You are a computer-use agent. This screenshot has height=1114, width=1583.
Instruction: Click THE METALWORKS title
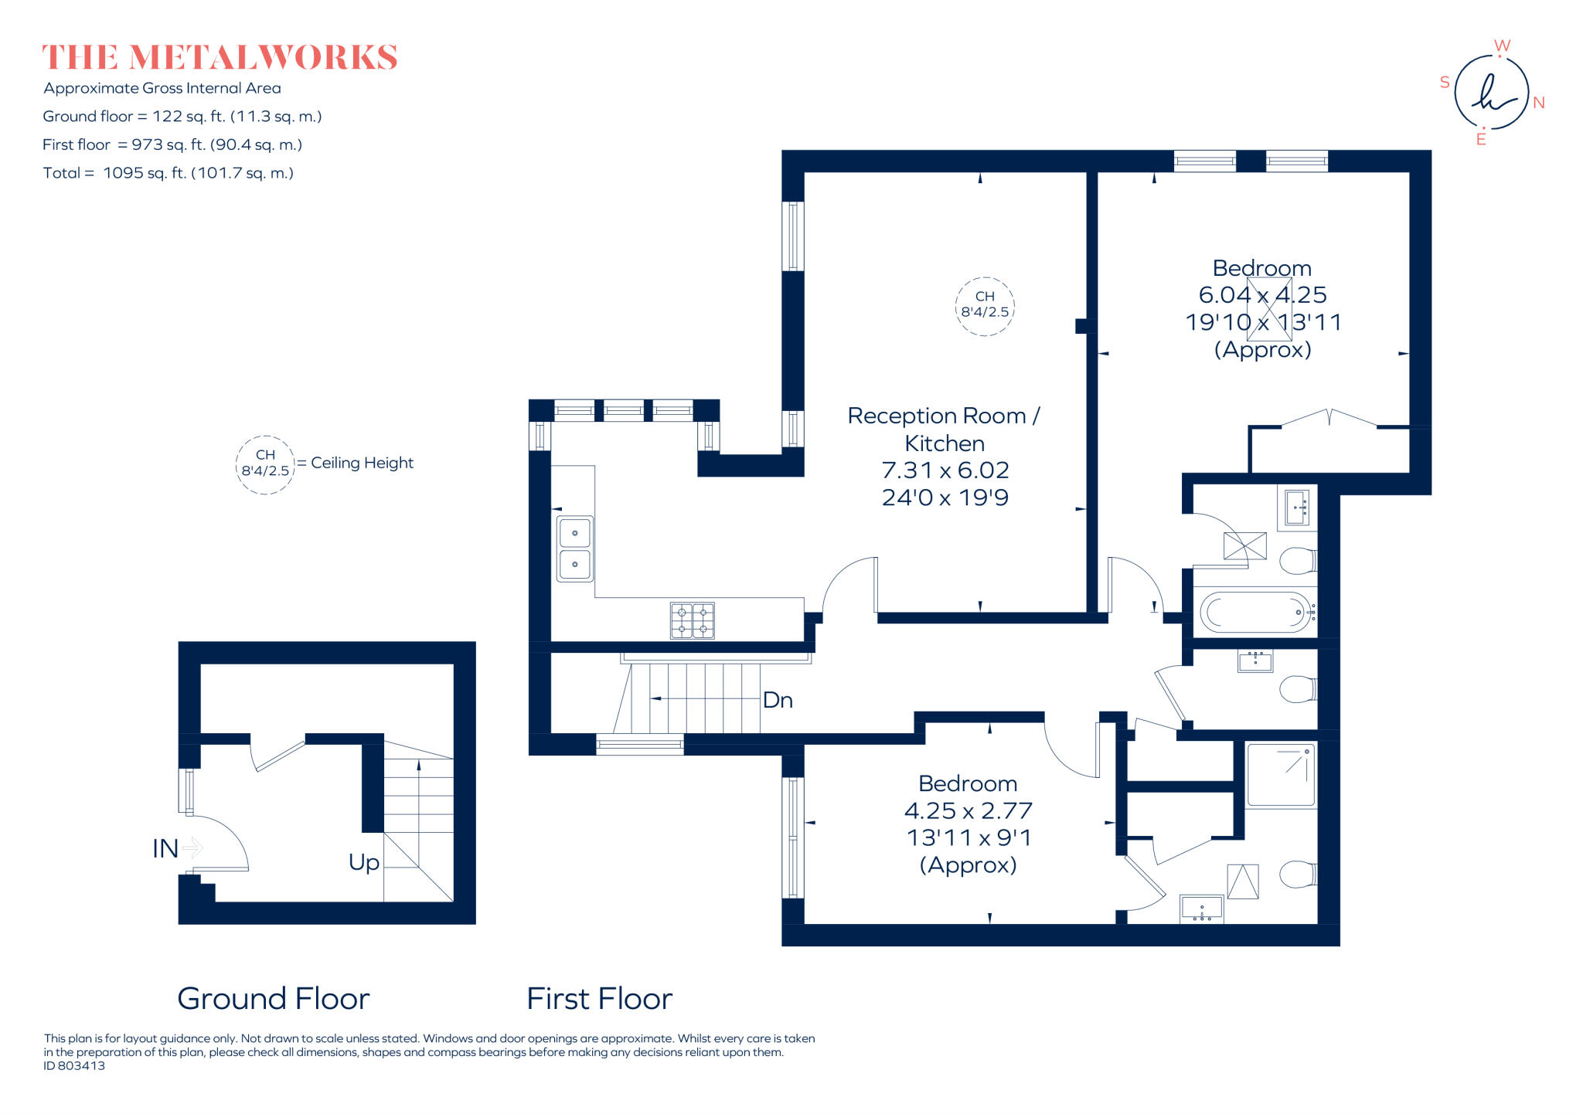click(220, 58)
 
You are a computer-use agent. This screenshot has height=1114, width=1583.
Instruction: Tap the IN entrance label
click(165, 848)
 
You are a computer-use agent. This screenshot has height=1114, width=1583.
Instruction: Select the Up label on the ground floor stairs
click(363, 862)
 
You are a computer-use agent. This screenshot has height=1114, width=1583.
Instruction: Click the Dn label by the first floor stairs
click(778, 700)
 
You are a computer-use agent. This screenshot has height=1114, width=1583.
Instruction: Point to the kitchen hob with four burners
click(693, 620)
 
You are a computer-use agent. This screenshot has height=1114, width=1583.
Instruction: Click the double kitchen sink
click(575, 549)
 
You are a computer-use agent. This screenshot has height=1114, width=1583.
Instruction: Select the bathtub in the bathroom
click(1255, 613)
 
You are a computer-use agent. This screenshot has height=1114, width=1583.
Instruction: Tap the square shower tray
click(1281, 776)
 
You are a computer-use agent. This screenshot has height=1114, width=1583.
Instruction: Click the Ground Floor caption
click(274, 998)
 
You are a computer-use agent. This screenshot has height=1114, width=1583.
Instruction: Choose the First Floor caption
click(600, 998)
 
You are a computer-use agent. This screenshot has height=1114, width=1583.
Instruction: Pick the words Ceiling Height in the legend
click(362, 463)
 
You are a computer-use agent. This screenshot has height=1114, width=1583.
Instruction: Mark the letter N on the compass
click(1539, 103)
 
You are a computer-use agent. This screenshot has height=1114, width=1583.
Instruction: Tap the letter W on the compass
click(1502, 46)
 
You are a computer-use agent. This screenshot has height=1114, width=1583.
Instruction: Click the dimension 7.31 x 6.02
click(945, 470)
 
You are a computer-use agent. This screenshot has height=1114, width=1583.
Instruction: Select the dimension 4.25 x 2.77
click(968, 810)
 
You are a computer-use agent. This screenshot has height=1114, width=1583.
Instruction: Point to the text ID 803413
click(74, 1066)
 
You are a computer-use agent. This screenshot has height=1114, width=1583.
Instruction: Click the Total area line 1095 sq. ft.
click(169, 173)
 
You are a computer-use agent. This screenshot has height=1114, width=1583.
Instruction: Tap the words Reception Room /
click(944, 416)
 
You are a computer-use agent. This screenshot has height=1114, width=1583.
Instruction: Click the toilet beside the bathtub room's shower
click(1298, 561)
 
